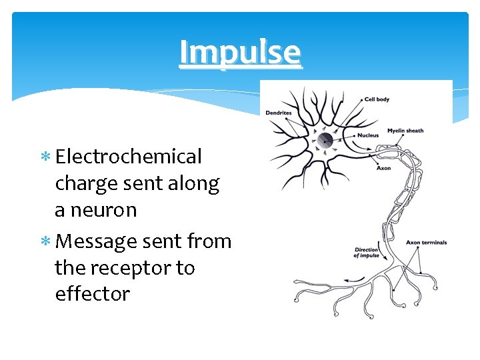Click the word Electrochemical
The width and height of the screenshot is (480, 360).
click(x=129, y=157)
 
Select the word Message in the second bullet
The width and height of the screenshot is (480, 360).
click(x=96, y=241)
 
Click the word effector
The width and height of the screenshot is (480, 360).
click(x=93, y=294)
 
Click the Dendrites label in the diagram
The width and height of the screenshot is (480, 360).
click(x=279, y=113)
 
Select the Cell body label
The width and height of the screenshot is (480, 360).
click(x=377, y=99)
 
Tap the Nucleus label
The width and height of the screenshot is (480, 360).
click(x=367, y=135)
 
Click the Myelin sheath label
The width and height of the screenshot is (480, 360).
click(x=405, y=131)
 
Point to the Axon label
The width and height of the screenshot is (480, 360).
click(x=384, y=169)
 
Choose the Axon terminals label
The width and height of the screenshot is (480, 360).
click(x=426, y=243)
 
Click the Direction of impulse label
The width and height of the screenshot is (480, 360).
click(x=367, y=252)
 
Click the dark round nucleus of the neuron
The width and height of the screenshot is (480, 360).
click(x=325, y=140)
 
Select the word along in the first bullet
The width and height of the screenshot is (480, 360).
click(x=195, y=184)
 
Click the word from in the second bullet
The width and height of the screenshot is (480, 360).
click(x=210, y=241)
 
